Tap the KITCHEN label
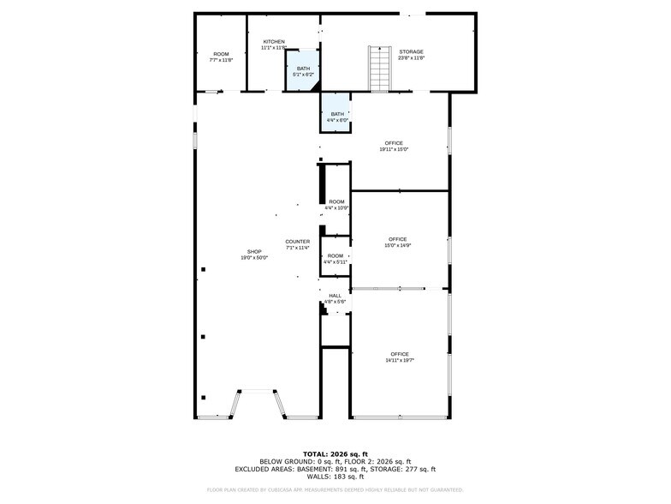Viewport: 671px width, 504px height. tap(274, 42)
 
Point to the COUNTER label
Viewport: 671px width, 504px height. tap(298, 242)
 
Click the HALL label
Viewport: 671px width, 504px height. tap(335, 296)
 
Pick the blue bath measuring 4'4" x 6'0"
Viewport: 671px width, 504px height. tap(337, 117)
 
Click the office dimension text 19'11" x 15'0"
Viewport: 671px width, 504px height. tap(394, 149)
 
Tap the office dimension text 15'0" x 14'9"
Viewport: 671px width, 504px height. tap(397, 245)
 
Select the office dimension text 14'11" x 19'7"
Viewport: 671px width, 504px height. tap(400, 360)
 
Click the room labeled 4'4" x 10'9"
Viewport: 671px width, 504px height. tap(336, 205)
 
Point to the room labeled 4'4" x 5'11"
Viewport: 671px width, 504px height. tap(335, 259)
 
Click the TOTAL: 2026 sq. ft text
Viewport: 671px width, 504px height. tap(335, 453)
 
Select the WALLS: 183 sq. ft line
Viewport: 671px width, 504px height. tap(335, 477)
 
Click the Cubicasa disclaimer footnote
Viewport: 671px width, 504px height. tap(335, 490)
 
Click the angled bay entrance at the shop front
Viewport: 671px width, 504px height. tap(256, 403)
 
